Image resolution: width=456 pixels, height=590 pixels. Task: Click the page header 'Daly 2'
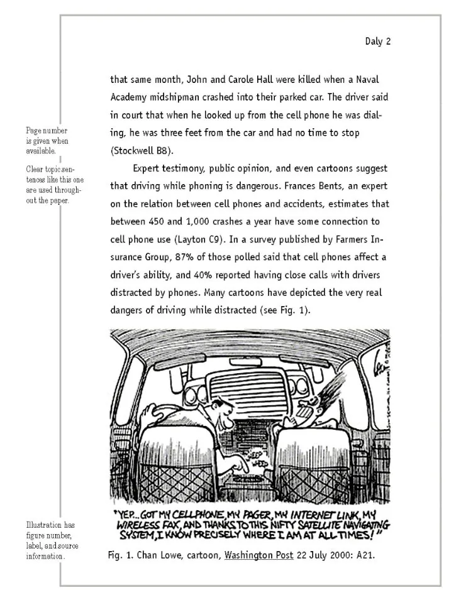[x=377, y=41]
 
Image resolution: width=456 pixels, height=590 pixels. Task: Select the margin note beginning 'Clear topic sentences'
[x=53, y=185]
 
